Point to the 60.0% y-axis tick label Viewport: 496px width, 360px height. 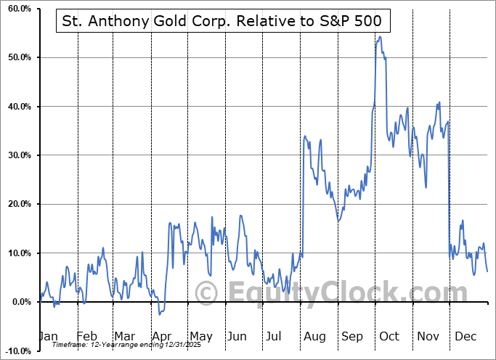click(17, 9)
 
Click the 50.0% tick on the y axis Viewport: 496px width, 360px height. click(17, 57)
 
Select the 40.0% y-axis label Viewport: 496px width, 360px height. click(17, 107)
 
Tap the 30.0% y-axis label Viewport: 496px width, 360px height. click(17, 155)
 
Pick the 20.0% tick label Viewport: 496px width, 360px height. click(17, 204)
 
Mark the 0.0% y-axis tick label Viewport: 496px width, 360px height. click(20, 302)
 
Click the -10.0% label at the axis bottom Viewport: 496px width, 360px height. click(17, 351)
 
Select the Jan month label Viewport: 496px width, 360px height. click(47, 336)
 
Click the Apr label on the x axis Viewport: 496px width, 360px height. click(161, 336)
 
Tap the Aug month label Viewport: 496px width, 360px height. click(314, 336)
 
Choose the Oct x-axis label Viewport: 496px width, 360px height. click(389, 336)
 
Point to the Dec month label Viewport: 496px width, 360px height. click(465, 336)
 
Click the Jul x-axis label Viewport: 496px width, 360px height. click(275, 336)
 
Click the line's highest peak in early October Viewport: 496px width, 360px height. click(378, 36)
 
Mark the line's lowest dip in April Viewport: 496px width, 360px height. click(160, 314)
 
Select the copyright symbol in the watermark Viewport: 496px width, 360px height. click(206, 292)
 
